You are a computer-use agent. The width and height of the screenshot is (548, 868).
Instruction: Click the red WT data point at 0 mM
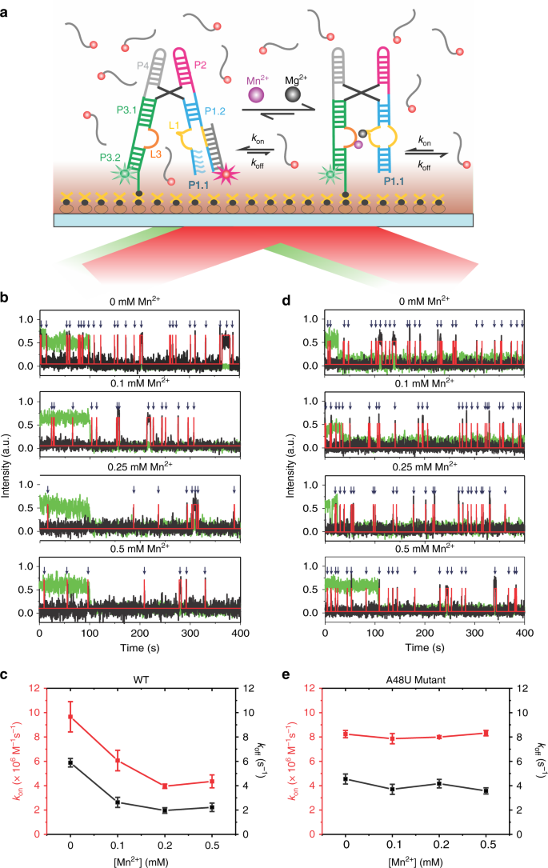(70, 716)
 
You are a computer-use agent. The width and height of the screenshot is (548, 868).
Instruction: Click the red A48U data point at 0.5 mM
(485, 733)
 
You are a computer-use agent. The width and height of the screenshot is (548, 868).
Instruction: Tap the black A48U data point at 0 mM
(346, 778)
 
